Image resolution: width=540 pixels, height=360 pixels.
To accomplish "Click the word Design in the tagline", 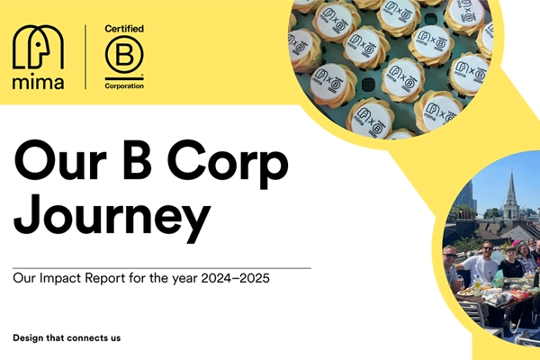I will pos(31,338).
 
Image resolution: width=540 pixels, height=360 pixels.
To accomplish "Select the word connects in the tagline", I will pos(88,338).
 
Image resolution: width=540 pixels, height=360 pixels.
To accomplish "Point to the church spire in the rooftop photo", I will pos(510,189).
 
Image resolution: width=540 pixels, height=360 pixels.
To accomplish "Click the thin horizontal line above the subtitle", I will pos(162,267).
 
